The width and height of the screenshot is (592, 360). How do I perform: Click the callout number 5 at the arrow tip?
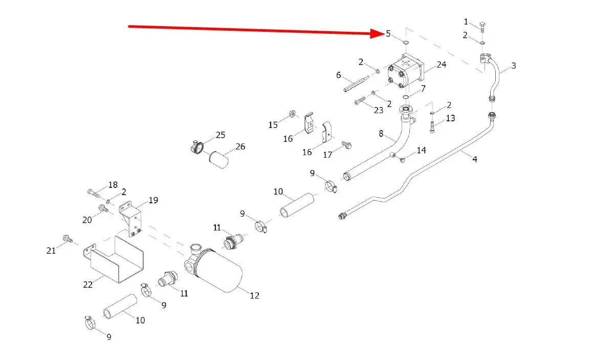click(x=388, y=34)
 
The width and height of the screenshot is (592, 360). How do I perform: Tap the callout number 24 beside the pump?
click(x=441, y=65)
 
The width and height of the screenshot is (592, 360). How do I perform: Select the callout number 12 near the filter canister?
click(x=254, y=295)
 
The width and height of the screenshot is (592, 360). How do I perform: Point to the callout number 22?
click(x=88, y=284)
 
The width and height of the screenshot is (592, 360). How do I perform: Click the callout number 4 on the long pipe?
click(x=475, y=159)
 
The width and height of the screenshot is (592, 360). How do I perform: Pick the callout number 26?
click(x=240, y=146)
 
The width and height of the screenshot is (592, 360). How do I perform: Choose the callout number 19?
click(x=153, y=201)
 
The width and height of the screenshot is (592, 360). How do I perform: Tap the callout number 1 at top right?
click(x=466, y=22)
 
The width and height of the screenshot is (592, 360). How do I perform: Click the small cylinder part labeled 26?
click(x=218, y=157)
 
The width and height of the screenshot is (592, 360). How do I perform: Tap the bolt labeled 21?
click(x=67, y=238)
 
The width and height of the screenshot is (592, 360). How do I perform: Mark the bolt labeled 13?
click(x=433, y=126)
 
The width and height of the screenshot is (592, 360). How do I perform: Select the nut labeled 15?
click(x=291, y=113)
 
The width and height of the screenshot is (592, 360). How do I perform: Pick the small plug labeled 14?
click(x=402, y=160)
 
